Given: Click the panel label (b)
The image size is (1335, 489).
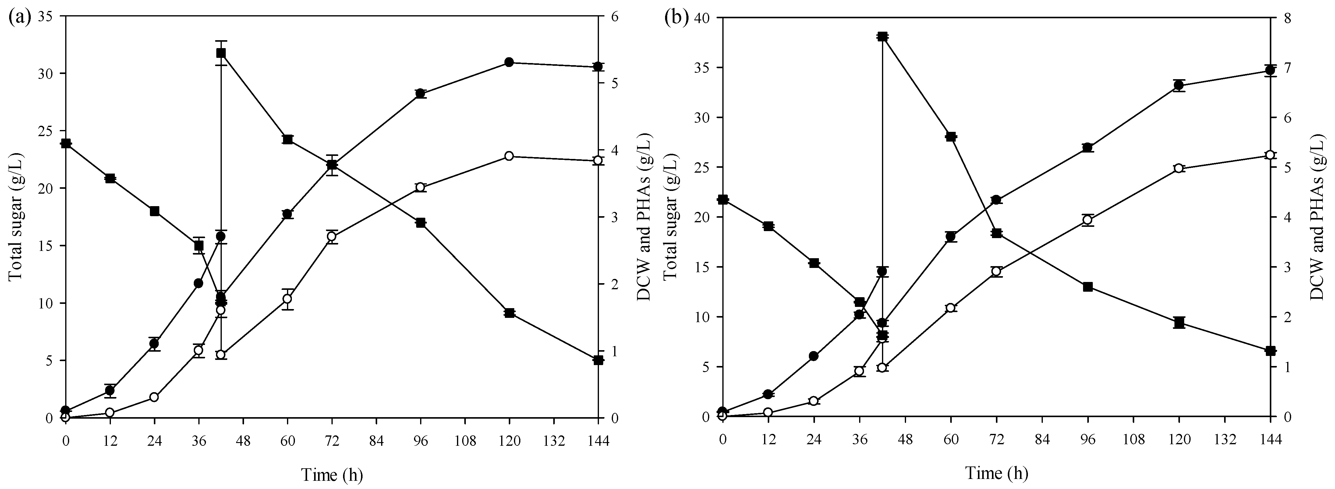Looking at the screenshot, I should click(x=676, y=18).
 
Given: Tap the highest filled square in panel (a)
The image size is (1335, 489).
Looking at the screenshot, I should click(x=221, y=53).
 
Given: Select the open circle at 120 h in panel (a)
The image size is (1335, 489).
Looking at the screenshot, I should click(x=509, y=156).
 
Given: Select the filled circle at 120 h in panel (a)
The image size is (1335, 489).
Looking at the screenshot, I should click(x=509, y=62).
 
